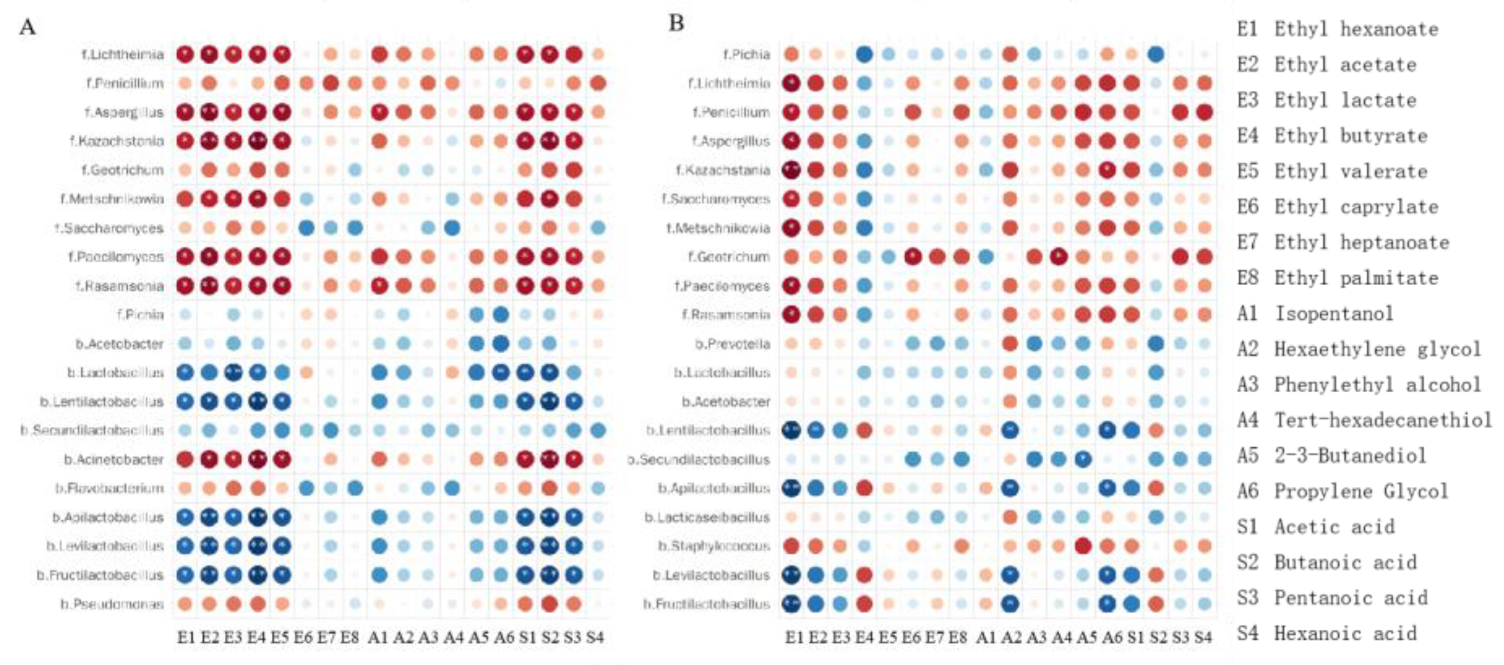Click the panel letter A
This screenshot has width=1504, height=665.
[x=28, y=27]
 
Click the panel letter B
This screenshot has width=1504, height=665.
[x=676, y=23]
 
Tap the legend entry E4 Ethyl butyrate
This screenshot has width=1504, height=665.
[x=1332, y=136]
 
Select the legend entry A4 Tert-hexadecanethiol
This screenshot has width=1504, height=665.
[x=1364, y=420]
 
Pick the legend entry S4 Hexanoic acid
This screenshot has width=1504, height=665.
[x=1326, y=634]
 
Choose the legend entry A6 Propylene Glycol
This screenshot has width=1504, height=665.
[x=1342, y=491]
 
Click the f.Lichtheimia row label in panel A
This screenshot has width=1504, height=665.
[x=123, y=55]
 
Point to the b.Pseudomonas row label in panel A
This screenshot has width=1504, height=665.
[x=112, y=604]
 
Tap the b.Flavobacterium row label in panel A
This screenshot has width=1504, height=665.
[x=110, y=488]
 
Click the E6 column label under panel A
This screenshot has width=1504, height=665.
[x=303, y=637]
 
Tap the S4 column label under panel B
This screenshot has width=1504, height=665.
[x=1203, y=637]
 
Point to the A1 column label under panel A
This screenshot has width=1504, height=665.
[x=378, y=637]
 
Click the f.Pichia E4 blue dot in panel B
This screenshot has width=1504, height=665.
[x=864, y=55]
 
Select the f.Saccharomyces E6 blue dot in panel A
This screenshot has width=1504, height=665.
[x=306, y=229]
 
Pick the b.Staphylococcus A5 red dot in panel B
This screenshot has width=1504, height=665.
[x=1083, y=547]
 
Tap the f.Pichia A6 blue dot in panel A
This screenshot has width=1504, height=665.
[x=500, y=315]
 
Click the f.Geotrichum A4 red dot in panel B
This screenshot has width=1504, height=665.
[x=1058, y=257]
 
